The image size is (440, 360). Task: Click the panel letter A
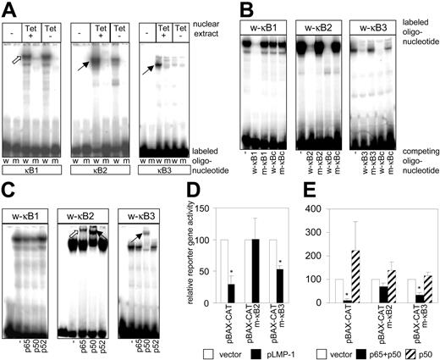(8, 8)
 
